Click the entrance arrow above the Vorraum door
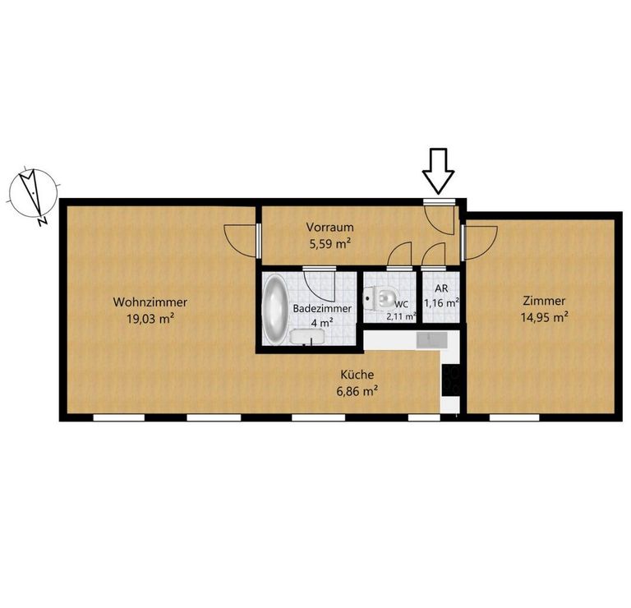(438, 170)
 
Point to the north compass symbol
(32, 196)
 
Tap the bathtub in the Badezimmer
(275, 310)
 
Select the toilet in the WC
(380, 298)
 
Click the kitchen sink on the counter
(432, 340)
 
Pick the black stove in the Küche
(451, 380)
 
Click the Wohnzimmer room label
(150, 302)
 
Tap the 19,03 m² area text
(150, 319)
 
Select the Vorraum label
(330, 227)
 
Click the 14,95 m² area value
(544, 317)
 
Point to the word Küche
(357, 375)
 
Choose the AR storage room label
(441, 288)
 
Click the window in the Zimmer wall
(514, 417)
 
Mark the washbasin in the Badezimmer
(307, 337)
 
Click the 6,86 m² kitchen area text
(357, 391)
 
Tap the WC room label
(402, 305)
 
